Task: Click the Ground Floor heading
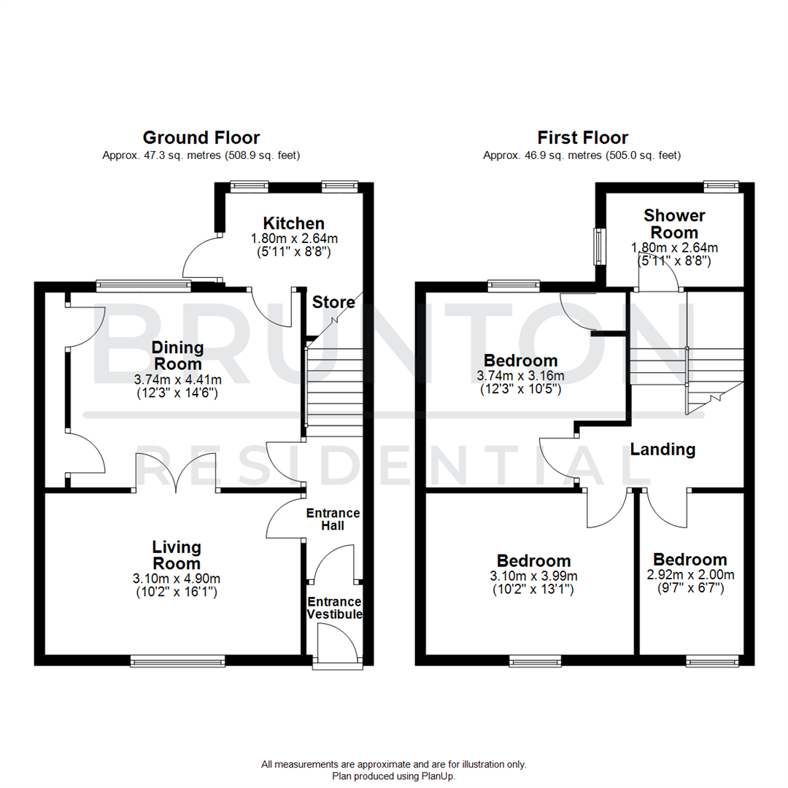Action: pyautogui.click(x=201, y=137)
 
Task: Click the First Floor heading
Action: pyautogui.click(x=582, y=137)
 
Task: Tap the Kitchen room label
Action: pyautogui.click(x=293, y=223)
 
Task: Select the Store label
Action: pyautogui.click(x=333, y=302)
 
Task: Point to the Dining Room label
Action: pyautogui.click(x=177, y=355)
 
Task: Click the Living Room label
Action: pyautogui.click(x=177, y=555)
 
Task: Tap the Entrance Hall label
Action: pyautogui.click(x=334, y=519)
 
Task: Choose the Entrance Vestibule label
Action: pyautogui.click(x=334, y=608)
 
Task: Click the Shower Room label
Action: pyautogui.click(x=674, y=224)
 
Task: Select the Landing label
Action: pyautogui.click(x=663, y=449)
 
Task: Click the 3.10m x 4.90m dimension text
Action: pyautogui.click(x=177, y=579)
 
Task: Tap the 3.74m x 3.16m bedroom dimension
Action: pyautogui.click(x=521, y=376)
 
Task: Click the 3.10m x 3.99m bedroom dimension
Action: pyautogui.click(x=533, y=576)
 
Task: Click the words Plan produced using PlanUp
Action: pyautogui.click(x=394, y=776)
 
